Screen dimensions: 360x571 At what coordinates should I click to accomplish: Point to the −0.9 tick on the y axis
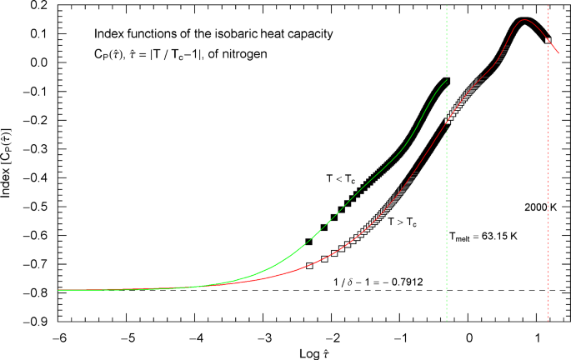[x=38, y=321]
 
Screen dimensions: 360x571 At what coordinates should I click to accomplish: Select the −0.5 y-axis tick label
[x=38, y=206]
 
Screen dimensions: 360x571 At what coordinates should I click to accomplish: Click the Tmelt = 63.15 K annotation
[x=483, y=237]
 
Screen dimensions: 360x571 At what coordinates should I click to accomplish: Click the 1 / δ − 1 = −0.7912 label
[x=379, y=281]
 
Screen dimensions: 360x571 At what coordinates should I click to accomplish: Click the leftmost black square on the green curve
[x=309, y=242]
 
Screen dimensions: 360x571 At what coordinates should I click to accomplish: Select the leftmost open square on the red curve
[x=310, y=266]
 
